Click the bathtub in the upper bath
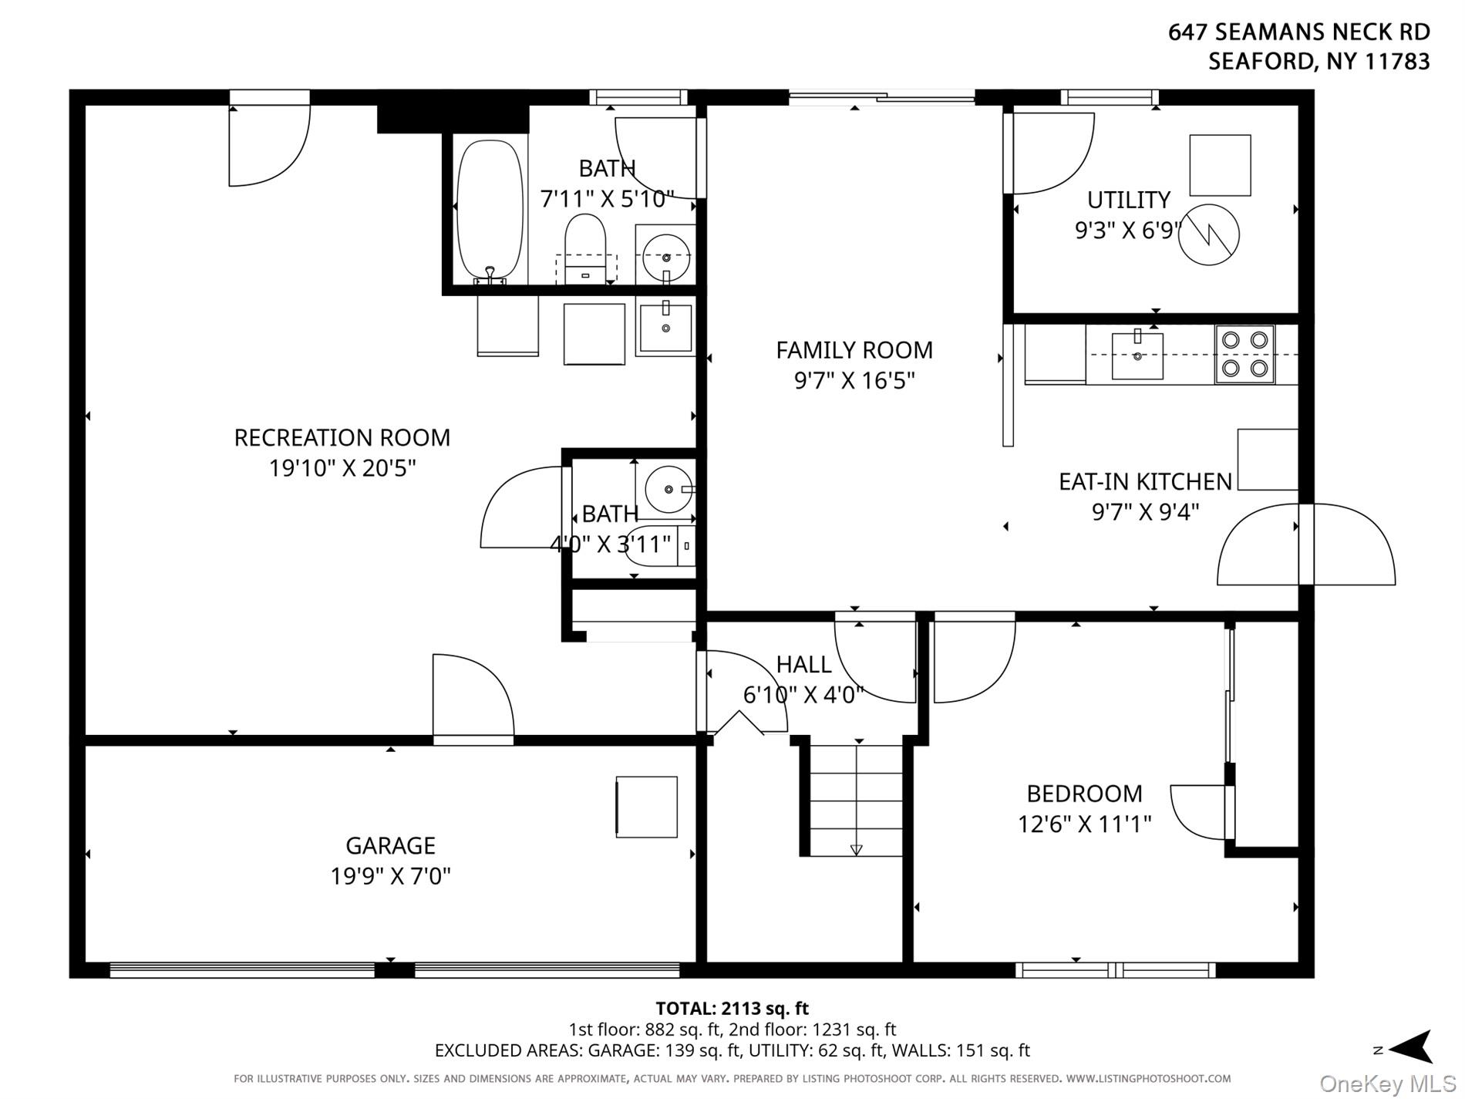click(490, 210)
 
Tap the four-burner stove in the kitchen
click(1244, 354)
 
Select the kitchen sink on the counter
click(1137, 356)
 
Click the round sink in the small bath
click(668, 489)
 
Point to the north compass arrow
click(1408, 1048)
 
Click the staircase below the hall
click(856, 800)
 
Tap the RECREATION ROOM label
click(342, 437)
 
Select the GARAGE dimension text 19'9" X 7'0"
click(390, 876)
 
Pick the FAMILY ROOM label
click(854, 350)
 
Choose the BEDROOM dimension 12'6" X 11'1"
click(1084, 824)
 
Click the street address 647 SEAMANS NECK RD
click(1299, 32)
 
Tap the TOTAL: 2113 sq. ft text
click(732, 1008)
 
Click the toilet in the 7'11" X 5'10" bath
click(586, 248)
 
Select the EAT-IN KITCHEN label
click(1145, 482)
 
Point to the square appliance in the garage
click(646, 807)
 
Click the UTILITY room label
click(1129, 200)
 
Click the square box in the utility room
click(1220, 165)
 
